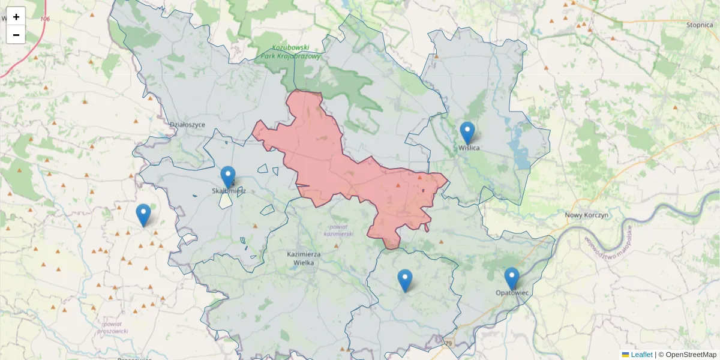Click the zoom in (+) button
[16, 17]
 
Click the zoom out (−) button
[16, 35]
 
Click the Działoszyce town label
[187, 125]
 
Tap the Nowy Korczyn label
[587, 215]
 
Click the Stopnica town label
[699, 25]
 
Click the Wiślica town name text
[469, 148]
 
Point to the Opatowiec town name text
[512, 293]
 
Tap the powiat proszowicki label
[112, 327]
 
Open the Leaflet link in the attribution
[640, 355]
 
